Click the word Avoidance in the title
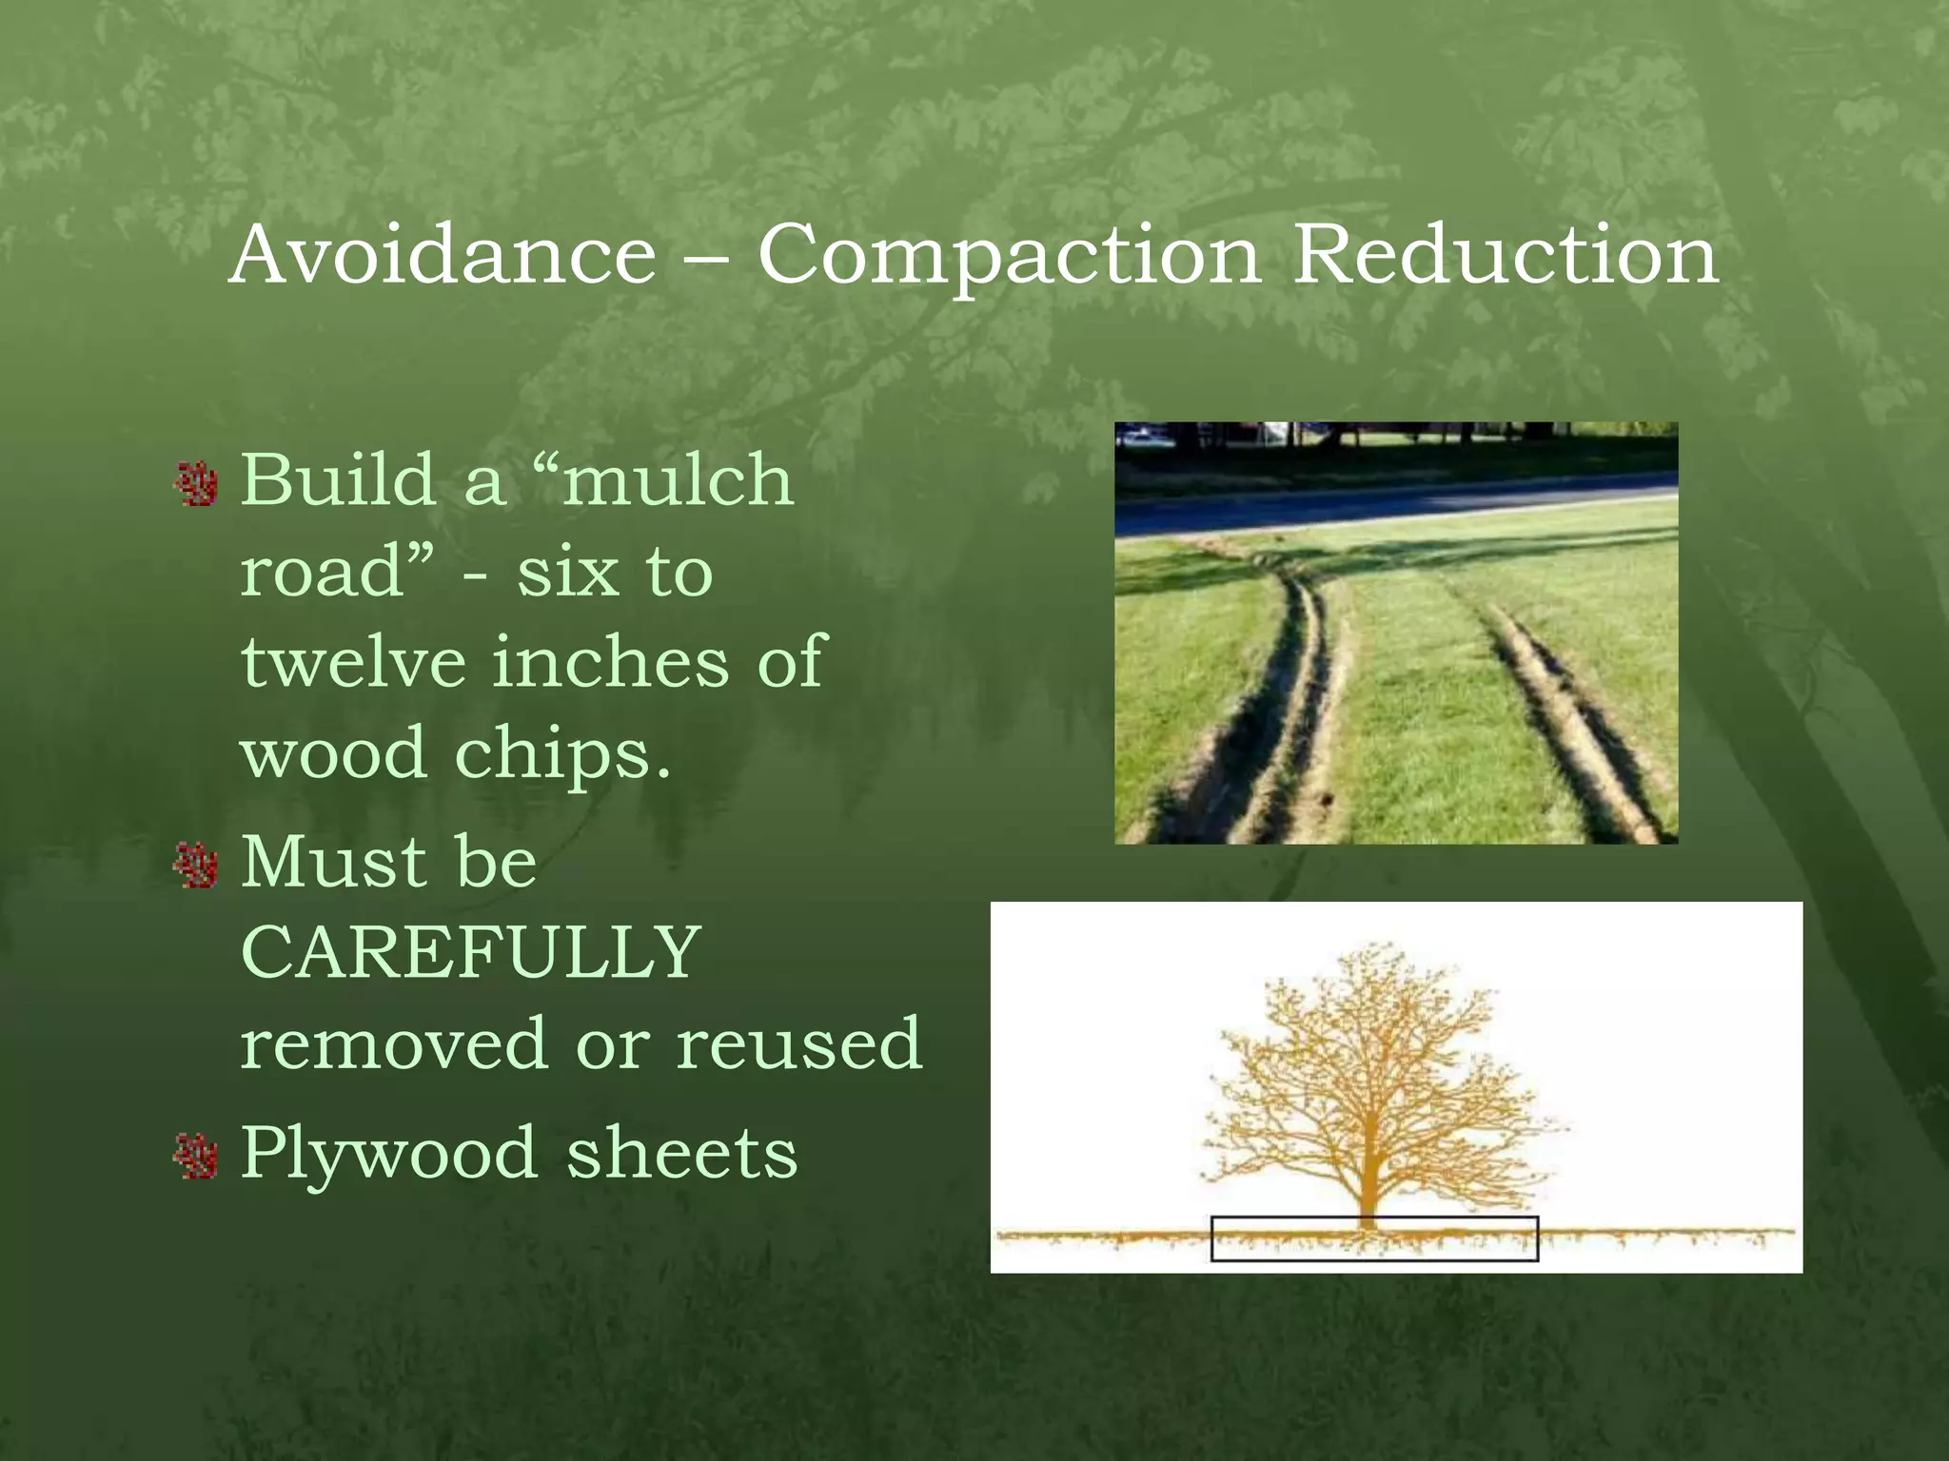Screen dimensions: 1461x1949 (443, 255)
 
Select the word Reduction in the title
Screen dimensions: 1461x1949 (1506, 255)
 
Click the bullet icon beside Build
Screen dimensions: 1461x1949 (197, 484)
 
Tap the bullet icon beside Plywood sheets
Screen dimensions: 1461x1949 (197, 1157)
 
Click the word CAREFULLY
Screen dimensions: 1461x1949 (471, 952)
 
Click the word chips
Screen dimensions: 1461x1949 (562, 754)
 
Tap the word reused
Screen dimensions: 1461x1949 (799, 1043)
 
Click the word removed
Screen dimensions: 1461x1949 (393, 1043)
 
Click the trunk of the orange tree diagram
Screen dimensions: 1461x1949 (1368, 1179)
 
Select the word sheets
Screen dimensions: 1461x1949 (681, 1154)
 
